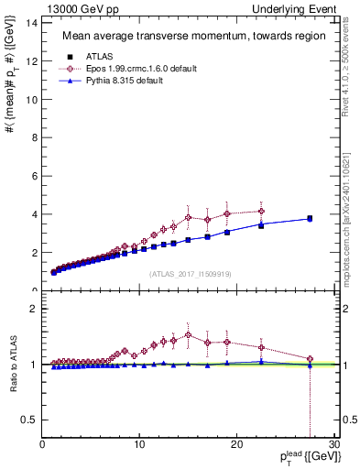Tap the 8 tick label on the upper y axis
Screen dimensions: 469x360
(x=34, y=136)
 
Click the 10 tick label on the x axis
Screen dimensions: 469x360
(x=139, y=445)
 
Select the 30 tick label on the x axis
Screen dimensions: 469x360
(x=336, y=445)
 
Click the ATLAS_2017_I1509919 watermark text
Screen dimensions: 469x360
(x=190, y=273)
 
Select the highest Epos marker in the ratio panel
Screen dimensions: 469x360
(x=188, y=335)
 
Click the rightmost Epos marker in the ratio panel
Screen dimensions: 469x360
(x=310, y=359)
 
